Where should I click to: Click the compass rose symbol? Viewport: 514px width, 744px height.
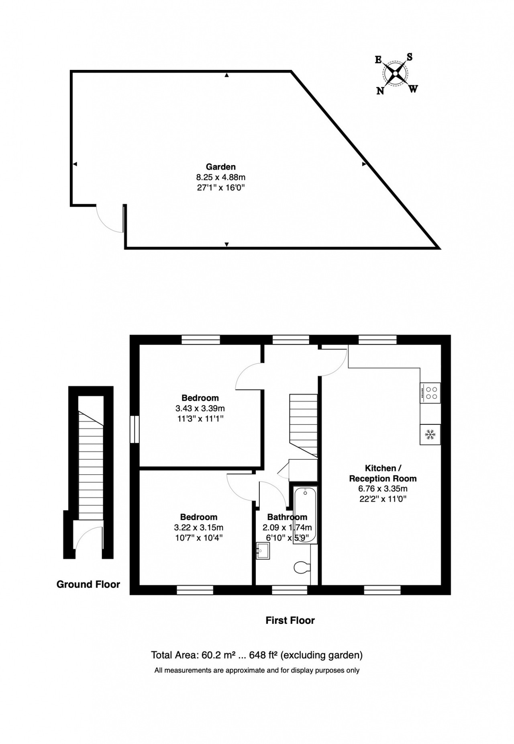tap(396, 74)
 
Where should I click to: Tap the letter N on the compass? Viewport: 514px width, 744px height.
tap(380, 91)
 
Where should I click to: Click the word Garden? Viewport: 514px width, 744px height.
tap(220, 166)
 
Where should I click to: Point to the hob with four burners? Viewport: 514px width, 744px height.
tap(430, 393)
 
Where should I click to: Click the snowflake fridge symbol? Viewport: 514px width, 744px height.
tap(430, 435)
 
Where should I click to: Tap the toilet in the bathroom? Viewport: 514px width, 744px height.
tap(302, 568)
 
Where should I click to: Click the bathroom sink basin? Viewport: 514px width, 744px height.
tap(263, 551)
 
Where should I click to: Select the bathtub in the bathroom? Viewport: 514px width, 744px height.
tap(305, 515)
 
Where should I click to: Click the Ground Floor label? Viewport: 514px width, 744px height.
tap(88, 584)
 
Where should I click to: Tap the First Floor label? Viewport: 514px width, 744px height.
tap(290, 620)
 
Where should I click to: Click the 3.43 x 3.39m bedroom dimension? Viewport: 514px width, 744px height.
tap(200, 408)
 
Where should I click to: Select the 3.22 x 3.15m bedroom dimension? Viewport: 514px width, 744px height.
tap(199, 527)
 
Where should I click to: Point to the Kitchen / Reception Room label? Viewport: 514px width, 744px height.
tap(383, 473)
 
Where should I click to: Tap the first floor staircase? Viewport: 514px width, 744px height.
tap(304, 426)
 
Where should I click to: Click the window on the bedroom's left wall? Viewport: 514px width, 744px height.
tap(135, 429)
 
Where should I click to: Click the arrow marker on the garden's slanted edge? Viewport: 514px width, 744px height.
tap(365, 164)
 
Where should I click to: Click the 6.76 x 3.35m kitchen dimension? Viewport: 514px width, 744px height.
tap(383, 489)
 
